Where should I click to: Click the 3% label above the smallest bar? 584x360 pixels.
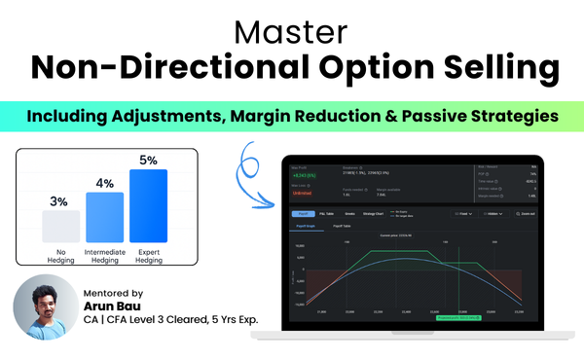58,201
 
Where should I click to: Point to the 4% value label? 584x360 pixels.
104,183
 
